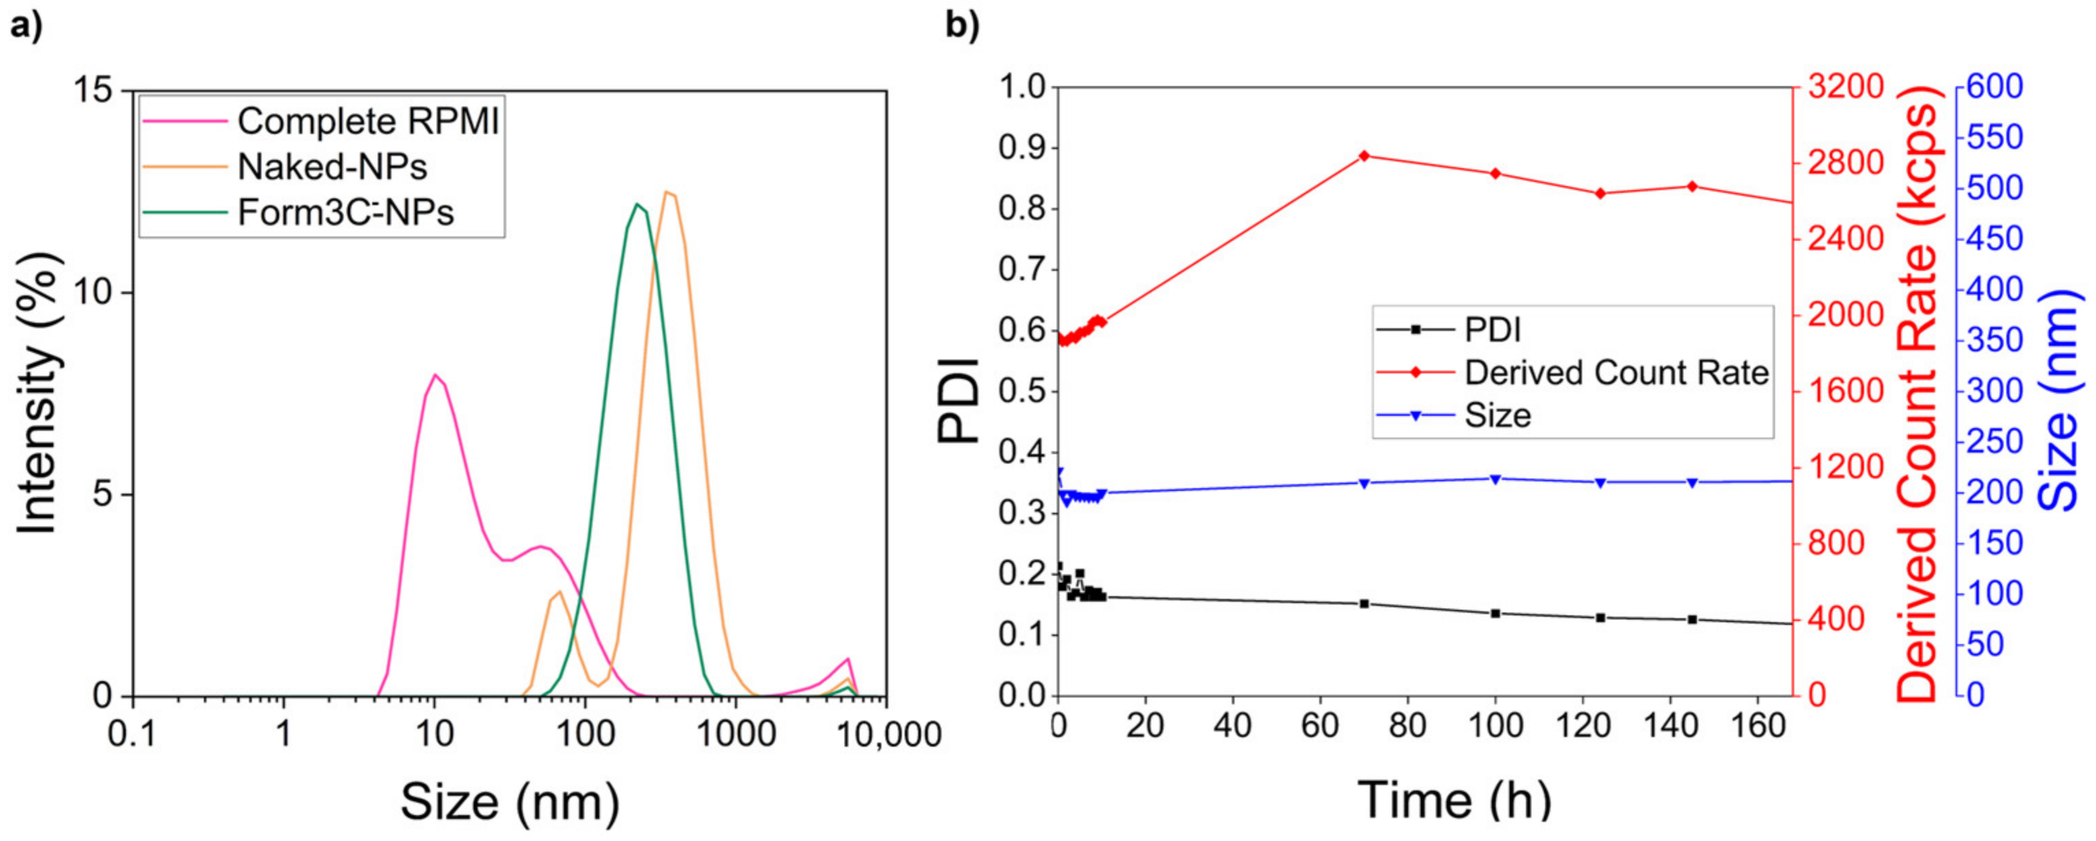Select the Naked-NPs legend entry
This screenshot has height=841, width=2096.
[332, 167]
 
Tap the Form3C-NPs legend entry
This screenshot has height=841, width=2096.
[345, 212]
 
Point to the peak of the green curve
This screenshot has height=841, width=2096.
[636, 204]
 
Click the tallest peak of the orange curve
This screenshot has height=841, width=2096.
[667, 192]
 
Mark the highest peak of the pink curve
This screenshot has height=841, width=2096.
[435, 375]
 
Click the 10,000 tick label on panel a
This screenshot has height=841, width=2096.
[888, 735]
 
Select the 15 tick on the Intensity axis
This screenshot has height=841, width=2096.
[96, 91]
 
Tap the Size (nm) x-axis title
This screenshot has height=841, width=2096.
[510, 801]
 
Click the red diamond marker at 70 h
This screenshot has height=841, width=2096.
[1364, 155]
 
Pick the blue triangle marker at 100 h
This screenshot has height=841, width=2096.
[1495, 479]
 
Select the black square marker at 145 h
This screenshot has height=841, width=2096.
[1692, 619]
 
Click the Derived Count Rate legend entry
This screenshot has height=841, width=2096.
[1616, 373]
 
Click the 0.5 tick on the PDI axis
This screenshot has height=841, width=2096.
[1020, 391]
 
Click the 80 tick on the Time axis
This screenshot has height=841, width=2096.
[1407, 725]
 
